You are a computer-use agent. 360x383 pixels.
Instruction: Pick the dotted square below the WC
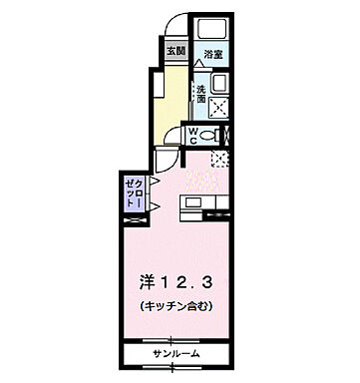pos(220,158)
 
